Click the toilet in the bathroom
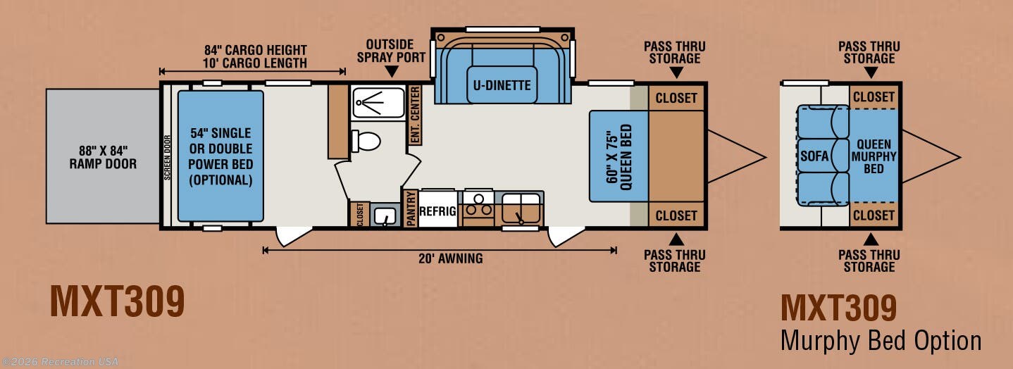(366, 141)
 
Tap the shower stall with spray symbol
(378, 103)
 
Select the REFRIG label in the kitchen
(437, 211)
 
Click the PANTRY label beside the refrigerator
(411, 208)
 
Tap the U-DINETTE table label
(502, 85)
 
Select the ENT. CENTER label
(415, 115)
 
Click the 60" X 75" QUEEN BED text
(619, 156)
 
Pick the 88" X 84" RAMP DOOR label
(103, 157)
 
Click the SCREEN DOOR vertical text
(168, 157)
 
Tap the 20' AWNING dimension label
(450, 258)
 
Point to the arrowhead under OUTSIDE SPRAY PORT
(392, 71)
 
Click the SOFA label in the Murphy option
(814, 156)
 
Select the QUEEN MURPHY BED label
(874, 156)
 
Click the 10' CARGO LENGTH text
(255, 63)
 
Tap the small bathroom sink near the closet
(385, 215)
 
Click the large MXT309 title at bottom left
(117, 301)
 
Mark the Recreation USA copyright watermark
(60, 362)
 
